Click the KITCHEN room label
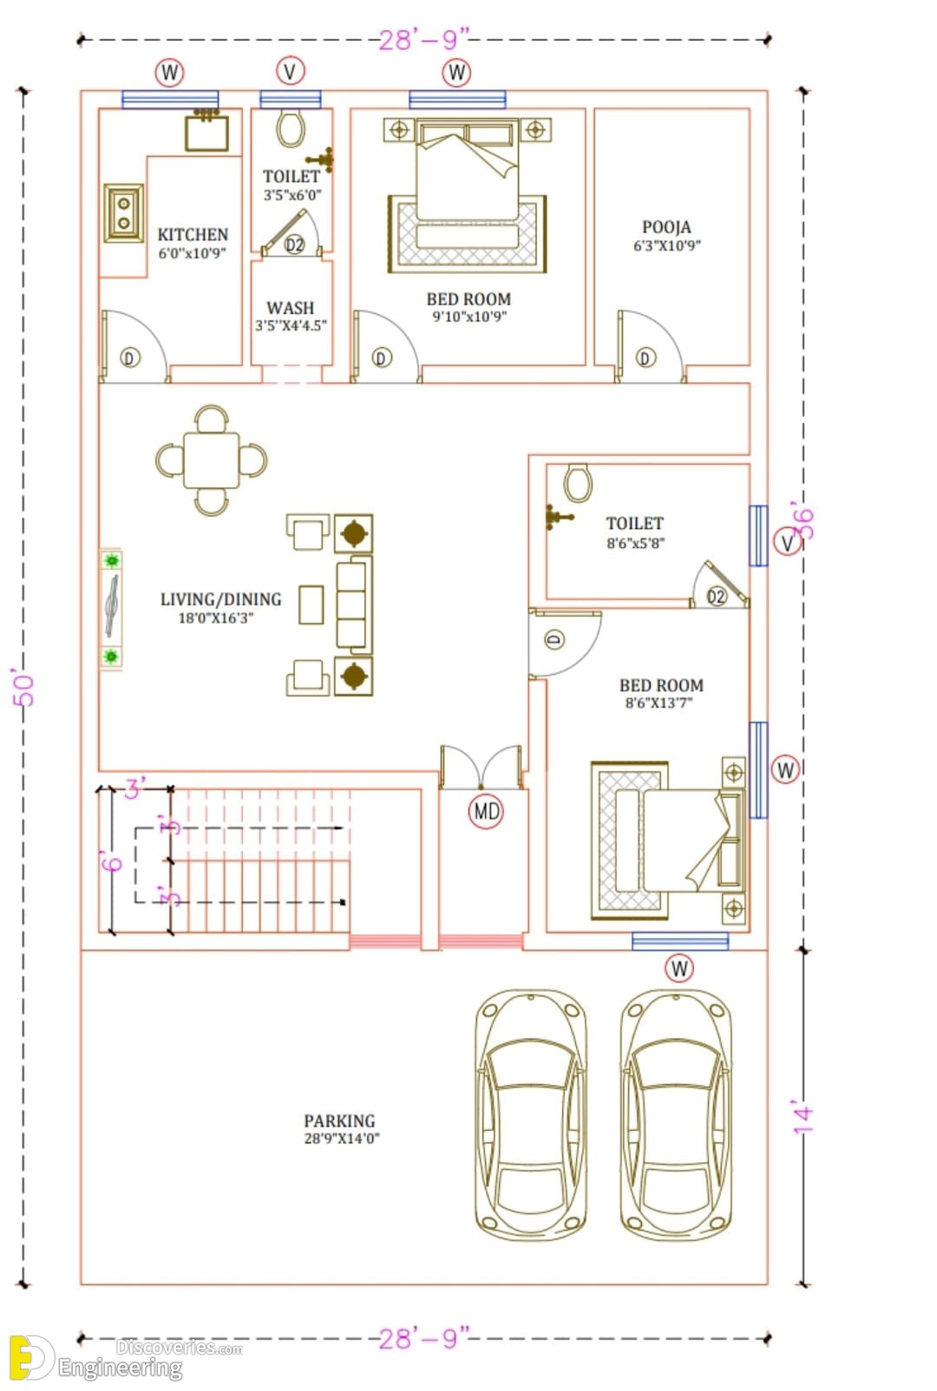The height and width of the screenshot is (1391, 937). pos(193,235)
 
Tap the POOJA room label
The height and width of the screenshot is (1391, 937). pos(666,227)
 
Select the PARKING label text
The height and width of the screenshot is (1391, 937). pos(340,1121)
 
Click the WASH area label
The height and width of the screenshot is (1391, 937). pos(290,308)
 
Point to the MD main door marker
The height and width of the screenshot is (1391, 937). pos(487,811)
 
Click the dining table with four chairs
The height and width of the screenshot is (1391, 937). pos(212,460)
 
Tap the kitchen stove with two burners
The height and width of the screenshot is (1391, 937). pos(124,213)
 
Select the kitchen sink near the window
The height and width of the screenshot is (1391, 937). pos(206,130)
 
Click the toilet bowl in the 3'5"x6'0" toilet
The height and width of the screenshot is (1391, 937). pos(290,128)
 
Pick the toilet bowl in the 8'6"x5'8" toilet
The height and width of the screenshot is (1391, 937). pos(578,482)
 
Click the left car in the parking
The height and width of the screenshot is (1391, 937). pos(531,1116)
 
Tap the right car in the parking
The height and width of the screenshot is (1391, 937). pos(676,1116)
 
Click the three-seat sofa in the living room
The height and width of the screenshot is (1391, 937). pos(354,604)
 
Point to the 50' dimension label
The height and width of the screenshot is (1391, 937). pos(23,687)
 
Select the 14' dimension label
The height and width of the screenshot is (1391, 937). pos(803,1119)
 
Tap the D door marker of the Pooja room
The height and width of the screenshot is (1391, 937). pos(645,357)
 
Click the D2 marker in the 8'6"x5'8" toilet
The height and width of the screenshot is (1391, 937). pos(717,597)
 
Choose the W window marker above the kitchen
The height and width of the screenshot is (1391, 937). pos(170,73)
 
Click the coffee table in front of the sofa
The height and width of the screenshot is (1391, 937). pos(311,604)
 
